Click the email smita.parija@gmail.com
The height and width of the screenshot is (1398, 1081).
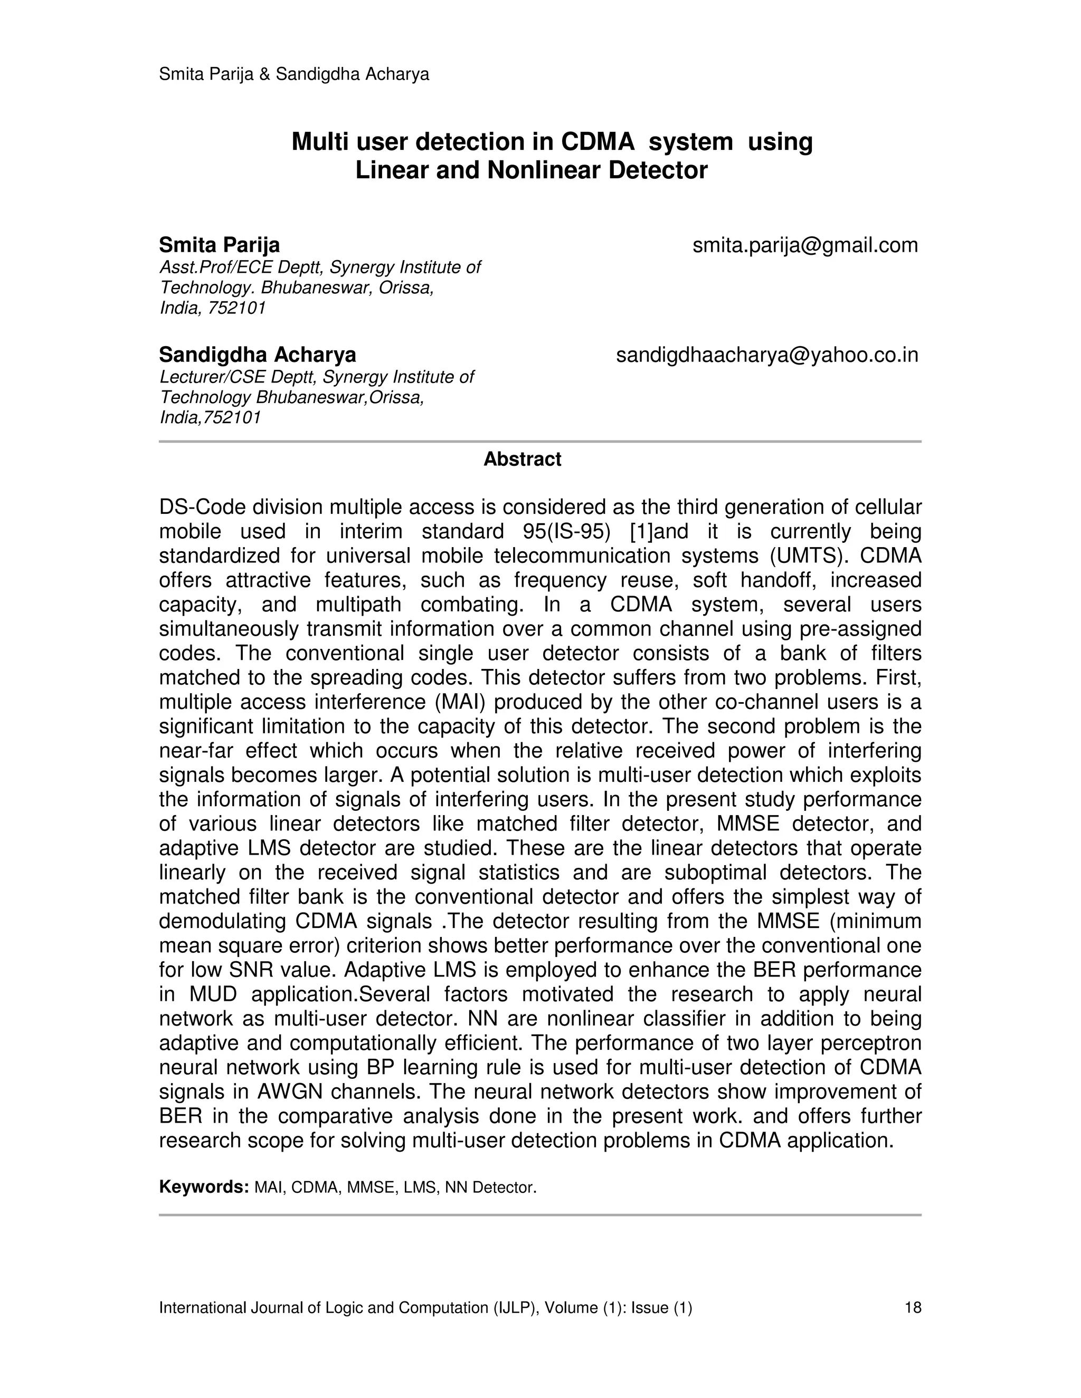(x=805, y=245)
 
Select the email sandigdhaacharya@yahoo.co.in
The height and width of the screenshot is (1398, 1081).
(x=766, y=355)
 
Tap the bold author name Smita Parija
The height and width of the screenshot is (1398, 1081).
(x=219, y=245)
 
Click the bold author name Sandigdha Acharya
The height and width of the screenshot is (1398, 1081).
(x=258, y=355)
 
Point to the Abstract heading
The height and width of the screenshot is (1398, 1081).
(x=522, y=459)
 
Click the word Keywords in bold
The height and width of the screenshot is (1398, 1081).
(x=204, y=1187)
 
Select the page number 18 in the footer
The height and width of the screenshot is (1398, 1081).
(x=913, y=1308)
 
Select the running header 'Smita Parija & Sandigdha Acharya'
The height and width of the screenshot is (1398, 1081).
(x=294, y=74)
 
